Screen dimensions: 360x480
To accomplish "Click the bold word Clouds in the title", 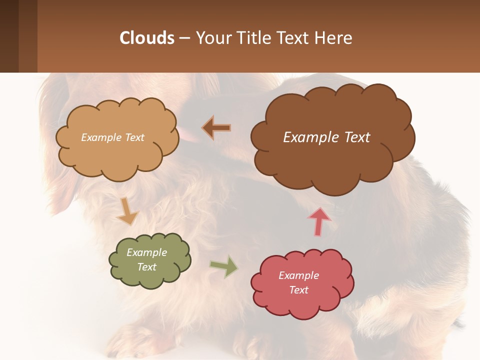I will [147, 38].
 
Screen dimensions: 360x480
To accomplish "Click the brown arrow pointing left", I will [216, 128].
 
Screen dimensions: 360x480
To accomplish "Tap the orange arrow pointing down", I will [127, 210].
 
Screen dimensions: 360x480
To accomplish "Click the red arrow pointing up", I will [319, 221].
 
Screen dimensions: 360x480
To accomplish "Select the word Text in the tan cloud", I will [133, 137].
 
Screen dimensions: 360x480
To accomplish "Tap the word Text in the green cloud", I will [147, 267].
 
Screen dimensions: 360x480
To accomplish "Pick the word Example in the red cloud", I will [298, 275].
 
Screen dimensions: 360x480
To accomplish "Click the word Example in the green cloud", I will [147, 252].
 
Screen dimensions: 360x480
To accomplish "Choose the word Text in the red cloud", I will [298, 290].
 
